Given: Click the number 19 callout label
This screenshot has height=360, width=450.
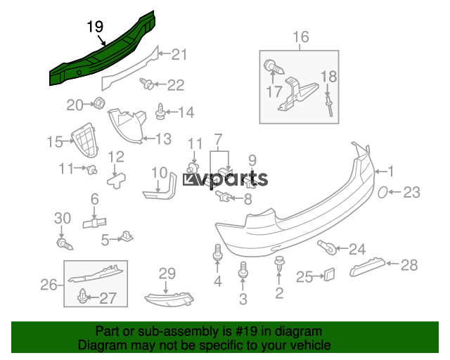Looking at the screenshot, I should click(x=95, y=27).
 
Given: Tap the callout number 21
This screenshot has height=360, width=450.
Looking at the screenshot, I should click(x=180, y=54).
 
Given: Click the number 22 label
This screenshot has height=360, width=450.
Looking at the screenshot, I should click(x=175, y=85).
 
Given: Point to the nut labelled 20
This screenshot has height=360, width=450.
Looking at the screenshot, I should click(x=98, y=105).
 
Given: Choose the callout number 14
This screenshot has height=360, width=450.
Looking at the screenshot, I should click(x=185, y=112).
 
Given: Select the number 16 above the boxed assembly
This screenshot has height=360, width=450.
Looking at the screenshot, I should click(x=300, y=37).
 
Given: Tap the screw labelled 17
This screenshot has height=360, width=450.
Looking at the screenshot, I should click(x=272, y=69).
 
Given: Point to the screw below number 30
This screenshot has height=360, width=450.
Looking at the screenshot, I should click(x=63, y=244).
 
